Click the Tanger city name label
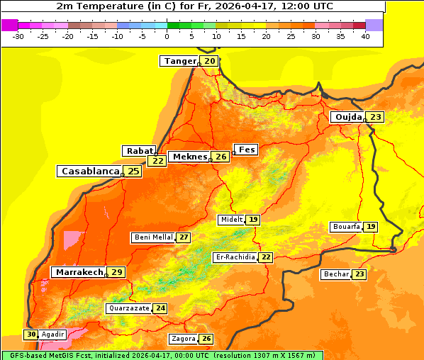179,61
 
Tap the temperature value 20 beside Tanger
210,61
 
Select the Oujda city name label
348,117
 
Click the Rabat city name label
139,150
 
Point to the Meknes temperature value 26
221,157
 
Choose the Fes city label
247,150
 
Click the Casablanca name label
90,171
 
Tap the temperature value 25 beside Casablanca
133,171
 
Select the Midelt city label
231,220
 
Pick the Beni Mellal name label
153,237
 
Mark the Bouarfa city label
346,227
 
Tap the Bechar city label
336,274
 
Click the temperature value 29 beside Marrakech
117,272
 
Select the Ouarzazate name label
129,308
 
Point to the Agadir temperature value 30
31,334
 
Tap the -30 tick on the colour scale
18,36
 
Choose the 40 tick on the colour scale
365,36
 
